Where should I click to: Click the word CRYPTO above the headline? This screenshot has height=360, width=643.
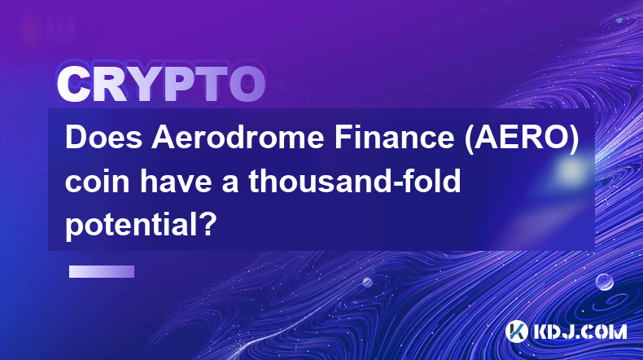(x=161, y=85)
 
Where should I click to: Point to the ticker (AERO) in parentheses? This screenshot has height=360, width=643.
(x=522, y=138)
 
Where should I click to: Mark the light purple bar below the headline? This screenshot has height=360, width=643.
(x=102, y=271)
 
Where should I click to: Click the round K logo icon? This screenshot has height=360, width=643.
(x=516, y=331)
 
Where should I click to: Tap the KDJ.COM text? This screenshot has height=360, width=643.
(x=580, y=331)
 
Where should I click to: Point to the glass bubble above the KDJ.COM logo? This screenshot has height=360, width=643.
(x=604, y=282)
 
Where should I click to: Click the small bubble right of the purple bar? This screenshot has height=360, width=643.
(x=367, y=282)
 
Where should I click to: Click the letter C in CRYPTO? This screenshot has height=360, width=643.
(x=73, y=85)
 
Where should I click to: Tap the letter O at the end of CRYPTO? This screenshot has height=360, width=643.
(x=247, y=85)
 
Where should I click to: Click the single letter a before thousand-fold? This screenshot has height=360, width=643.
(x=230, y=184)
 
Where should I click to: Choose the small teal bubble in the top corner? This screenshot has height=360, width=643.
(x=619, y=20)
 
